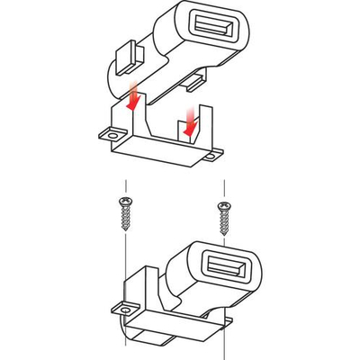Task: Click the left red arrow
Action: pos(134,96)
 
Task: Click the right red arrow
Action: pos(190,121)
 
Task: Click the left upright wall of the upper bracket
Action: pos(117,117)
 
